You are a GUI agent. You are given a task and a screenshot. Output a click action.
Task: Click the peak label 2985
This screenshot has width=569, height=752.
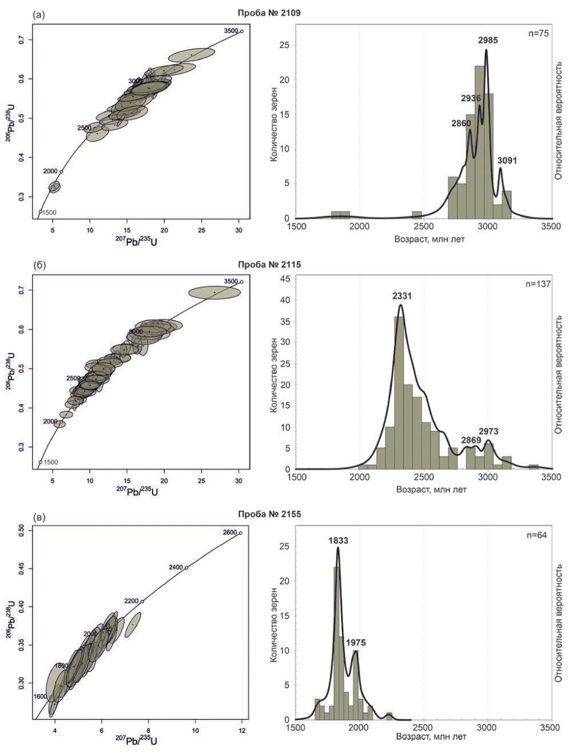point(487,41)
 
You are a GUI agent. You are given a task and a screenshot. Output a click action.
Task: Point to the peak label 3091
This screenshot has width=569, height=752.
point(507,161)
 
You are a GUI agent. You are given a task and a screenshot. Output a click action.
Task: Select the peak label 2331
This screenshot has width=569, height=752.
point(401,296)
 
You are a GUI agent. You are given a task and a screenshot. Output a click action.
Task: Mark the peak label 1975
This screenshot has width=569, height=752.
point(355,643)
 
